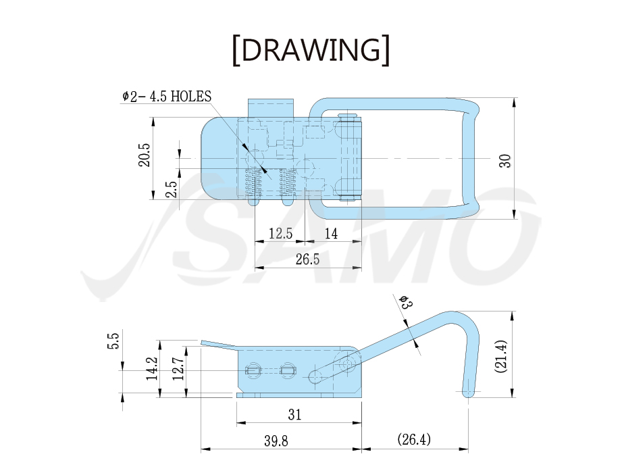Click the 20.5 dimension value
[x=145, y=155]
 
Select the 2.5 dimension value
[x=171, y=189]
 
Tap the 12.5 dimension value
[x=280, y=233]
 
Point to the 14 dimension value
[x=331, y=233]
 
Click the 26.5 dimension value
[x=307, y=259]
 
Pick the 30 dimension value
[x=505, y=161]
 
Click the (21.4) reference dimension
[x=500, y=356]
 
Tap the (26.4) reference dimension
[x=414, y=439]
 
